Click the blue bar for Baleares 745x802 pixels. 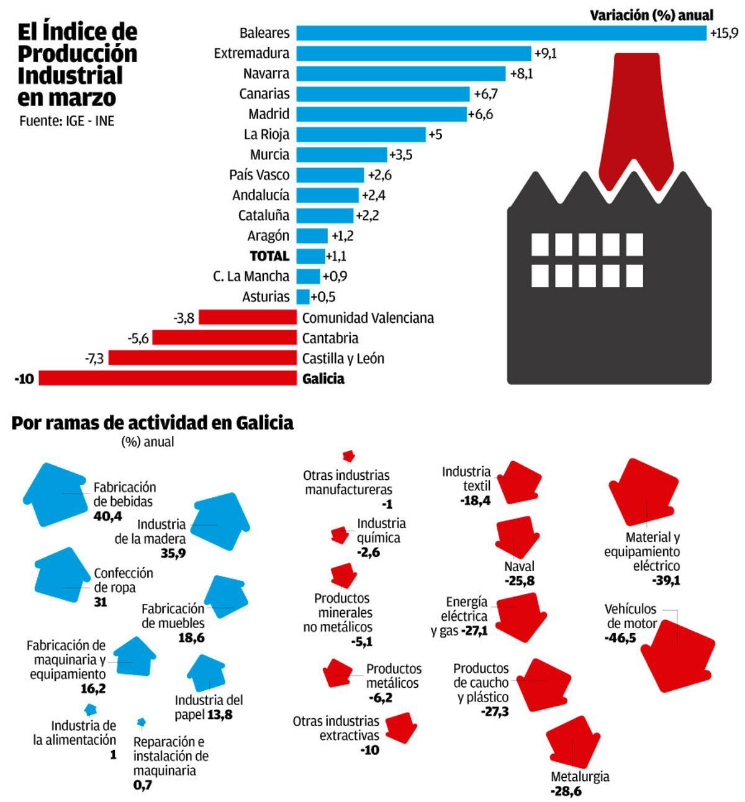coord(501,33)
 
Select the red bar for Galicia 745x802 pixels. coord(168,378)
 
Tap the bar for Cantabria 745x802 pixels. coord(224,338)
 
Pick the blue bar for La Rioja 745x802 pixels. coord(361,134)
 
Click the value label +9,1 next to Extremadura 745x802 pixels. coord(546,53)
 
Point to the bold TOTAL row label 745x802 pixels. coord(269,256)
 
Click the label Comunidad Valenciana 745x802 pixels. coord(368,318)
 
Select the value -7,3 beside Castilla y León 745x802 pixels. coord(94,358)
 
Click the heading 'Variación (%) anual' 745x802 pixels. coord(651,15)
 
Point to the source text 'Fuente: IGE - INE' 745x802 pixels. coord(67,121)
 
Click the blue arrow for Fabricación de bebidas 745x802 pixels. coord(55,494)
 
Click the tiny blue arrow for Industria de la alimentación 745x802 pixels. coord(91,709)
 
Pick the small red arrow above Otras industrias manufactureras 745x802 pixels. coord(349,457)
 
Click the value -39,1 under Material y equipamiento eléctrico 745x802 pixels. coord(666,580)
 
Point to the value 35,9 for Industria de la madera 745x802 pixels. coord(173,553)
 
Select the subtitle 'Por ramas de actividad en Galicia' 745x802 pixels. coord(152,423)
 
